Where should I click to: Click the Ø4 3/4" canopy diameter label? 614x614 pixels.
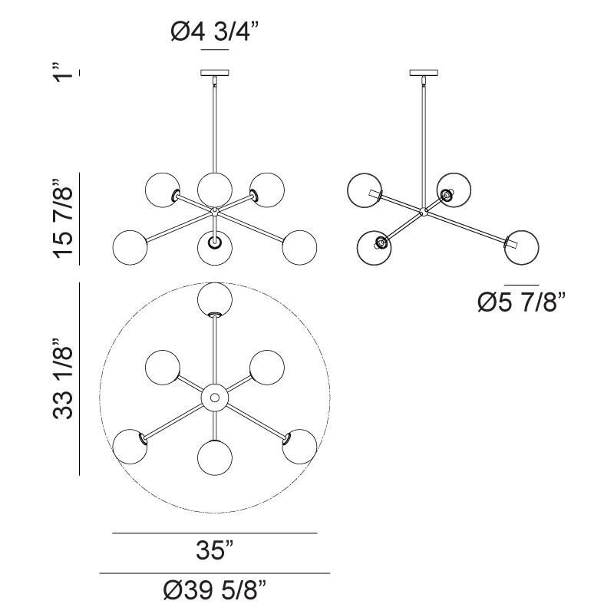[215, 32]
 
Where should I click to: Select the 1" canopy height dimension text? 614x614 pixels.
[68, 74]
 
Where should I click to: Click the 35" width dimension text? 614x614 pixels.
[214, 550]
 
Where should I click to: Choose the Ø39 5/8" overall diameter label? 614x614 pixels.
[215, 592]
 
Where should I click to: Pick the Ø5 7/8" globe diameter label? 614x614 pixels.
[521, 302]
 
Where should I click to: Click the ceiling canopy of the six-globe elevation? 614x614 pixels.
[215, 74]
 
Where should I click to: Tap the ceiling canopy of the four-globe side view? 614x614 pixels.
[422, 74]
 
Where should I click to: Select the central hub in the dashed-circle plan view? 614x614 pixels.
[215, 398]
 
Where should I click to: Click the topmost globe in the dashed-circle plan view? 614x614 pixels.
[215, 299]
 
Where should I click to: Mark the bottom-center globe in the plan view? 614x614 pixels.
[215, 458]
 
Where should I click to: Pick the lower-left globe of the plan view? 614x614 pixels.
[130, 446]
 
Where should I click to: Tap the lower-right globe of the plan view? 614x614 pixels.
[300, 446]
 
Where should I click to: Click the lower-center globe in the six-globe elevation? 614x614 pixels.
[215, 246]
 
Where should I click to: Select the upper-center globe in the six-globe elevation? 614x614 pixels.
[215, 187]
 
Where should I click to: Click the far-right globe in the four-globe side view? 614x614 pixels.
[522, 245]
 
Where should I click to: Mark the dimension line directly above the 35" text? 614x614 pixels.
[215, 533]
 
